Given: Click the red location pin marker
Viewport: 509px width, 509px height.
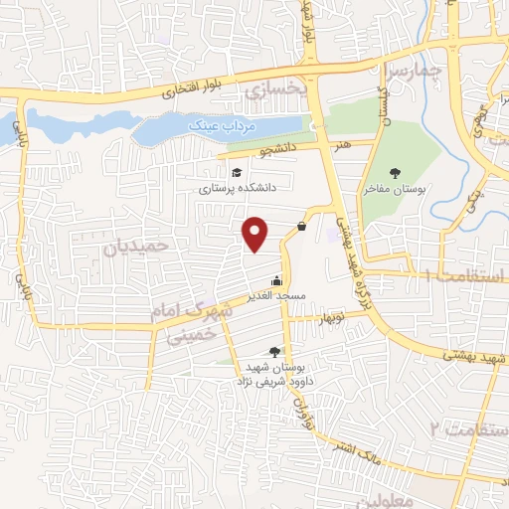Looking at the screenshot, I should pos(255,233).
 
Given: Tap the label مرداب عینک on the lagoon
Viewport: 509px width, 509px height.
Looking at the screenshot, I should pos(253,128).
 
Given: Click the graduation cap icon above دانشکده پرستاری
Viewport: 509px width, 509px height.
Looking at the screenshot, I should pos(236,173).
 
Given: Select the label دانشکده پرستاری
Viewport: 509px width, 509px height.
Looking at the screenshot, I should pos(237,186).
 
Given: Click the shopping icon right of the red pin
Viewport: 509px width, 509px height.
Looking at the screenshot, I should pos(300,227).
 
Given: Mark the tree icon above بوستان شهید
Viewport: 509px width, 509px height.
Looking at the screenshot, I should pos(274,351).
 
